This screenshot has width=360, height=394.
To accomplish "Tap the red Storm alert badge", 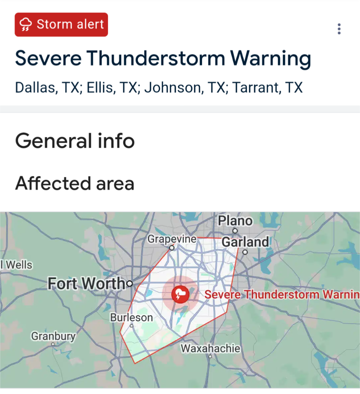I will click(61, 25).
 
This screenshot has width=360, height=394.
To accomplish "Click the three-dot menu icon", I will click(339, 29).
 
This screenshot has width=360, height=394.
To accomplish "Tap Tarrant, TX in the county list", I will click(267, 87).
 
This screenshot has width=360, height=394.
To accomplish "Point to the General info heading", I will click(75, 141).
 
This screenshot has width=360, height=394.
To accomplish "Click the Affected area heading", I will click(75, 183).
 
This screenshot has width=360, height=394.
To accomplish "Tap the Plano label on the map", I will click(235, 221).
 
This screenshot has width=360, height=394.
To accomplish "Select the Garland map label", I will click(245, 242).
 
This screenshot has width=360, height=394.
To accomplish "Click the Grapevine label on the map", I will click(172, 239).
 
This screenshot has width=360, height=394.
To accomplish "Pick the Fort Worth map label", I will click(86, 284).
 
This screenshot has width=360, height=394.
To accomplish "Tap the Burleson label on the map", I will click(131, 318).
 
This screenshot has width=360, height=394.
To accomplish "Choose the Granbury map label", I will click(53, 336).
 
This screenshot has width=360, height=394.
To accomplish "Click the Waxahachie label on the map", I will click(210, 348).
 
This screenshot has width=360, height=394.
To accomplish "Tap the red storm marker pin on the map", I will click(180, 295).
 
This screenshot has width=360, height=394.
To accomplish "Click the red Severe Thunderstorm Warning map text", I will click(282, 295).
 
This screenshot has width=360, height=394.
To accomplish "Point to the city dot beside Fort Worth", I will click(130, 284).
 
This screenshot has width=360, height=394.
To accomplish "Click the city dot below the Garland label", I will click(245, 252).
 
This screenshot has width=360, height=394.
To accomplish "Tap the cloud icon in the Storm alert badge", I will click(26, 25).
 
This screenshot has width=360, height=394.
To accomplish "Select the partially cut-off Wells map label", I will click(17, 265).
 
